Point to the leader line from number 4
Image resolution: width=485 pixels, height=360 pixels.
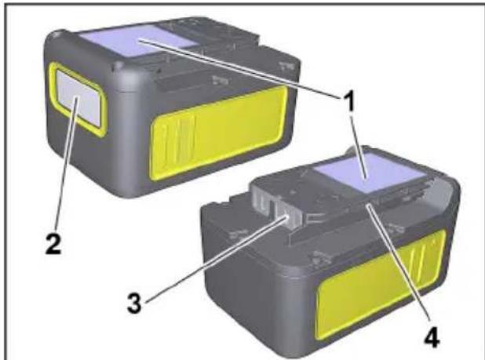(397, 263)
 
